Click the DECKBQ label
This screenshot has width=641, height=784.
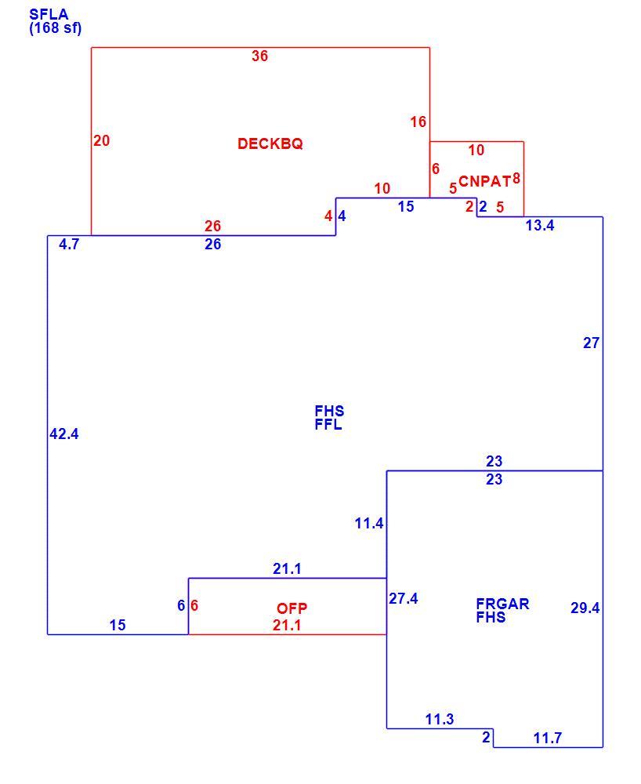pos(270,144)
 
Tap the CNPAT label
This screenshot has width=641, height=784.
pos(484,181)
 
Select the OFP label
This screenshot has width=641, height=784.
pos(292,608)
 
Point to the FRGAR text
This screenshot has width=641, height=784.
pos(502,604)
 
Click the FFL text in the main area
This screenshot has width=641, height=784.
pos(328,424)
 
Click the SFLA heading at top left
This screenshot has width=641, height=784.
pos(49,14)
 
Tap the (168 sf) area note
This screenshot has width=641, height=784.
pos(55,28)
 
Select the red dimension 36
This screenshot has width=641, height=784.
pos(260,56)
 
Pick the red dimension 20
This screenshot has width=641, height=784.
pos(101,141)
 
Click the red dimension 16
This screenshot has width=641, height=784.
pos(418,122)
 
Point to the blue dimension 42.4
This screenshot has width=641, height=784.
pos(64,434)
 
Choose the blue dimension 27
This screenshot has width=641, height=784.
pos(591,343)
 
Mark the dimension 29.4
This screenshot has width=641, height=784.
pos(585,608)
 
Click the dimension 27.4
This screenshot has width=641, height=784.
pos(404,598)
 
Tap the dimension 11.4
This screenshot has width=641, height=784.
pos(369,524)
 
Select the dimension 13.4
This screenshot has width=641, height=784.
pos(540,226)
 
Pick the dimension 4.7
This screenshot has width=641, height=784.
pos(69,244)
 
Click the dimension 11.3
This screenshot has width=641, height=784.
pos(440,720)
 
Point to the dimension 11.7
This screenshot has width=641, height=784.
pos(548,738)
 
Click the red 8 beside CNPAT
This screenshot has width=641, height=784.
pos(516,179)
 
